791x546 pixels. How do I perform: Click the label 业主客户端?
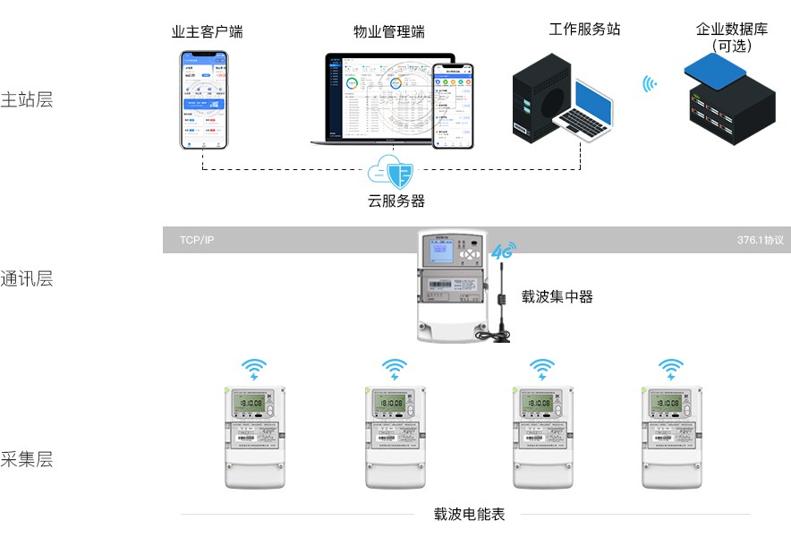[x=207, y=32]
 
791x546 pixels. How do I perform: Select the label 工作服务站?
[x=584, y=29]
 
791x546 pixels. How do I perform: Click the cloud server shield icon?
[x=391, y=170]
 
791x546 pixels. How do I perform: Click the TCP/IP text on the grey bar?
[x=197, y=241]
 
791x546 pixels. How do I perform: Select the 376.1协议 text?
[x=760, y=241]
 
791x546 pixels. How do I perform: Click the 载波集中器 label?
[x=557, y=296]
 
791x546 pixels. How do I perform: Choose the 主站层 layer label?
[x=27, y=99]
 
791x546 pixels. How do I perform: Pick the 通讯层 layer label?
[x=27, y=278]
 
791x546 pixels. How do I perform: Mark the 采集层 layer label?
[x=27, y=459]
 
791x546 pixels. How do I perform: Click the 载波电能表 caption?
[x=469, y=514]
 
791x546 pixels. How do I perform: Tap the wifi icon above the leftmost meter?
[x=255, y=369]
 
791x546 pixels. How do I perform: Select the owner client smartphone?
[x=204, y=99]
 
